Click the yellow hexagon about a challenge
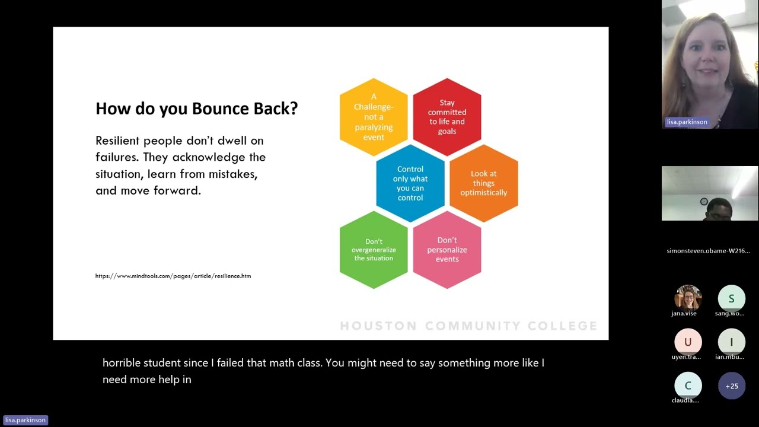(374, 117)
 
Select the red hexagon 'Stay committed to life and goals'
(447, 117)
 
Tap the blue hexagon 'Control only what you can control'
(410, 183)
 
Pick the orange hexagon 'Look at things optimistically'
(484, 183)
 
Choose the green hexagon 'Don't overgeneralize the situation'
(374, 250)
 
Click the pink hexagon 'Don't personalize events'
(447, 250)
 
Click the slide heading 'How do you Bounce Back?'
(196, 109)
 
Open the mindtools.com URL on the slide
(173, 276)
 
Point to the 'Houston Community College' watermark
(468, 326)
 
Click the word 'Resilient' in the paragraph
(117, 141)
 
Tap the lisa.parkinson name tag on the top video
(687, 122)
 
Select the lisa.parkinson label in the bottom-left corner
(25, 420)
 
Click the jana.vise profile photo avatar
(688, 298)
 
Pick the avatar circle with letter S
(731, 298)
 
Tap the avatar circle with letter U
(688, 342)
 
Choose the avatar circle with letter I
(731, 342)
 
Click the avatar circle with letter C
(688, 385)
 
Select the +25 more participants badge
(731, 386)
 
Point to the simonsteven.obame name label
(708, 251)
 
